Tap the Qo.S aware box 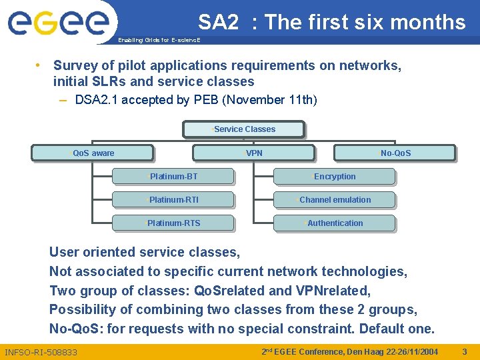(x=93, y=153)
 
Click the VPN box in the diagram (x=253, y=153)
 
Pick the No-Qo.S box (x=395, y=153)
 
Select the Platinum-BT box (x=173, y=177)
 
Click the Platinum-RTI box (x=173, y=200)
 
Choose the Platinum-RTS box (x=173, y=223)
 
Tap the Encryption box (x=334, y=177)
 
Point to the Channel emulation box (x=334, y=200)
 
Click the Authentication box (x=334, y=223)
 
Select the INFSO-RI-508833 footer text (x=41, y=352)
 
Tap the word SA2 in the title (x=218, y=23)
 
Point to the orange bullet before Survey (x=39, y=65)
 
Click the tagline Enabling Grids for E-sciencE (x=158, y=41)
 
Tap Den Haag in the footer (x=366, y=351)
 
